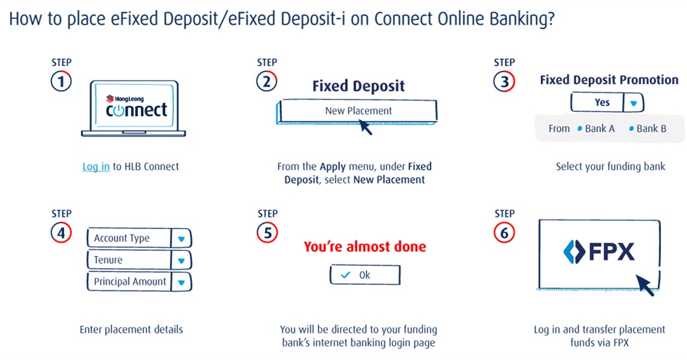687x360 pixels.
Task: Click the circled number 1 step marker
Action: (61, 81)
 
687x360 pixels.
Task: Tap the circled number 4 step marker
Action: (61, 233)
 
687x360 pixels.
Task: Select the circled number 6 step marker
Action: (504, 233)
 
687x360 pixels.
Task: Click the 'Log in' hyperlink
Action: (96, 167)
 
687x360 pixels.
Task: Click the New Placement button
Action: (358, 111)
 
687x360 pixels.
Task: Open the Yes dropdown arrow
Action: (634, 103)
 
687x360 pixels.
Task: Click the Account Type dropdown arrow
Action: (181, 239)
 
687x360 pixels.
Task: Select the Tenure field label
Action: (108, 260)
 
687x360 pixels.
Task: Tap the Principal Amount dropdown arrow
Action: (181, 282)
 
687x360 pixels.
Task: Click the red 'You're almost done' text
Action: (364, 247)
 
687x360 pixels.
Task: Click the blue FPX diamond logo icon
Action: (572, 252)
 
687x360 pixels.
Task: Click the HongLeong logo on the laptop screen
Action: (125, 99)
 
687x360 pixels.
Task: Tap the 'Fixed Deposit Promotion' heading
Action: (609, 80)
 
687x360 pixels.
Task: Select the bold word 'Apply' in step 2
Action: (333, 166)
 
